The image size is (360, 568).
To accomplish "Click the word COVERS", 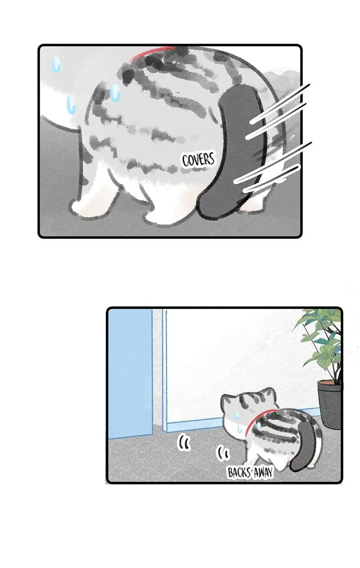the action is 198,160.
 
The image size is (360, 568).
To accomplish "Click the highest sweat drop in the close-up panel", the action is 56,64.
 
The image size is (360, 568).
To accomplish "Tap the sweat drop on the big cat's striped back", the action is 116,93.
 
